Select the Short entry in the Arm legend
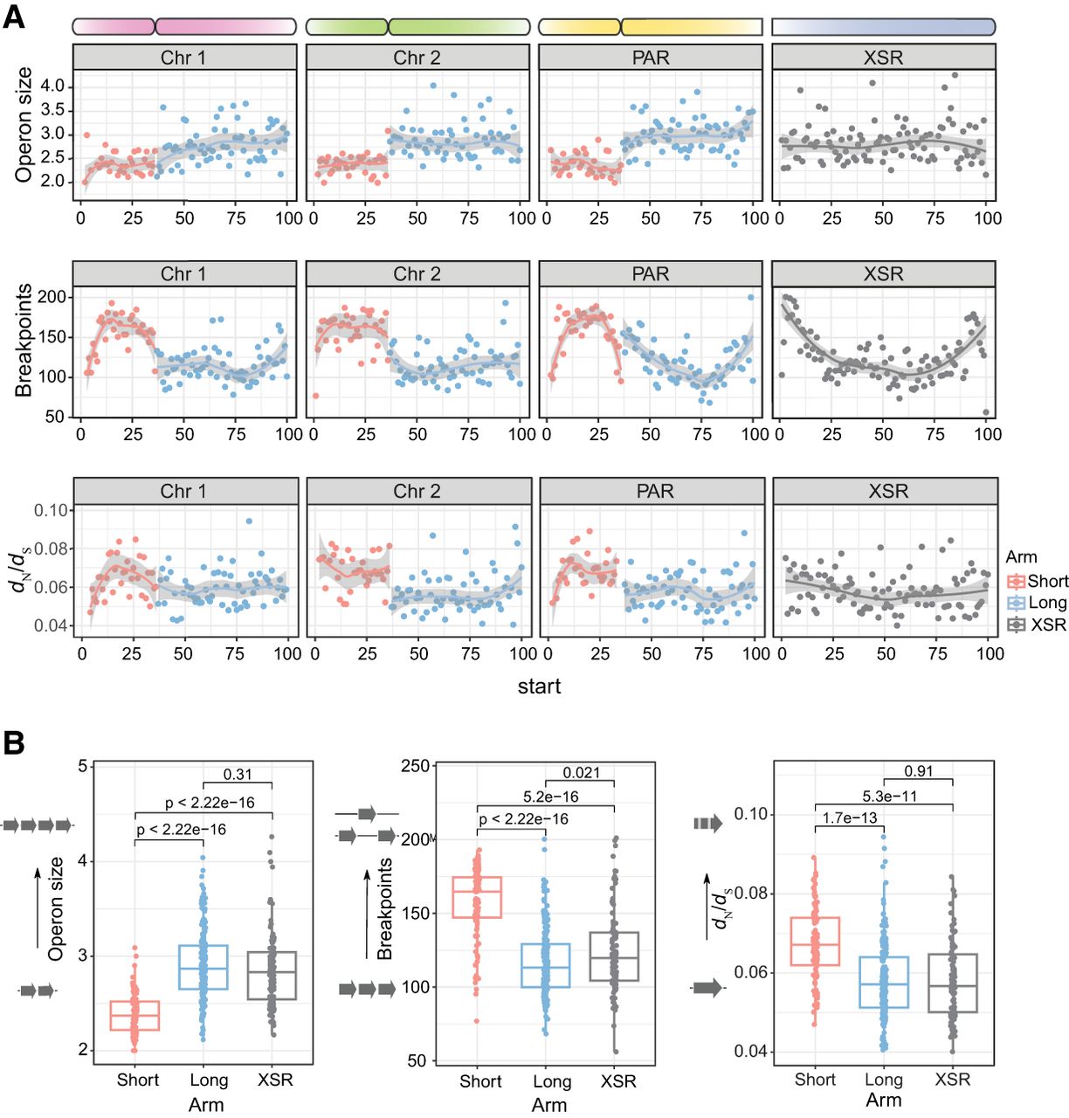[1047, 581]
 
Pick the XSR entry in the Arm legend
[1048, 625]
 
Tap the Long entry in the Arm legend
[1047, 603]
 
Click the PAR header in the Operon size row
[651, 58]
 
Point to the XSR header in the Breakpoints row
[883, 274]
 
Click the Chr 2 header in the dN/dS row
[417, 491]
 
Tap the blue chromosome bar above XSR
[883, 27]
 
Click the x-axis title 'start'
[539, 687]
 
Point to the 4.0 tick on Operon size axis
[52, 86]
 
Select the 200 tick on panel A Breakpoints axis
[52, 297]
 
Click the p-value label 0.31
[238, 774]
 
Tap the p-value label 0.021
[581, 772]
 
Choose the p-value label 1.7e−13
[850, 818]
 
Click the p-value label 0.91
[918, 771]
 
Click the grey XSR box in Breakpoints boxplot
[614, 956]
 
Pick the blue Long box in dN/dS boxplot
[883, 983]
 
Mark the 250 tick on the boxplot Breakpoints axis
[417, 767]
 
